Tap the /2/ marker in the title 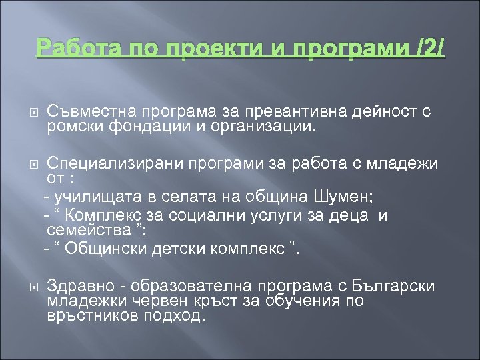point(428,49)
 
